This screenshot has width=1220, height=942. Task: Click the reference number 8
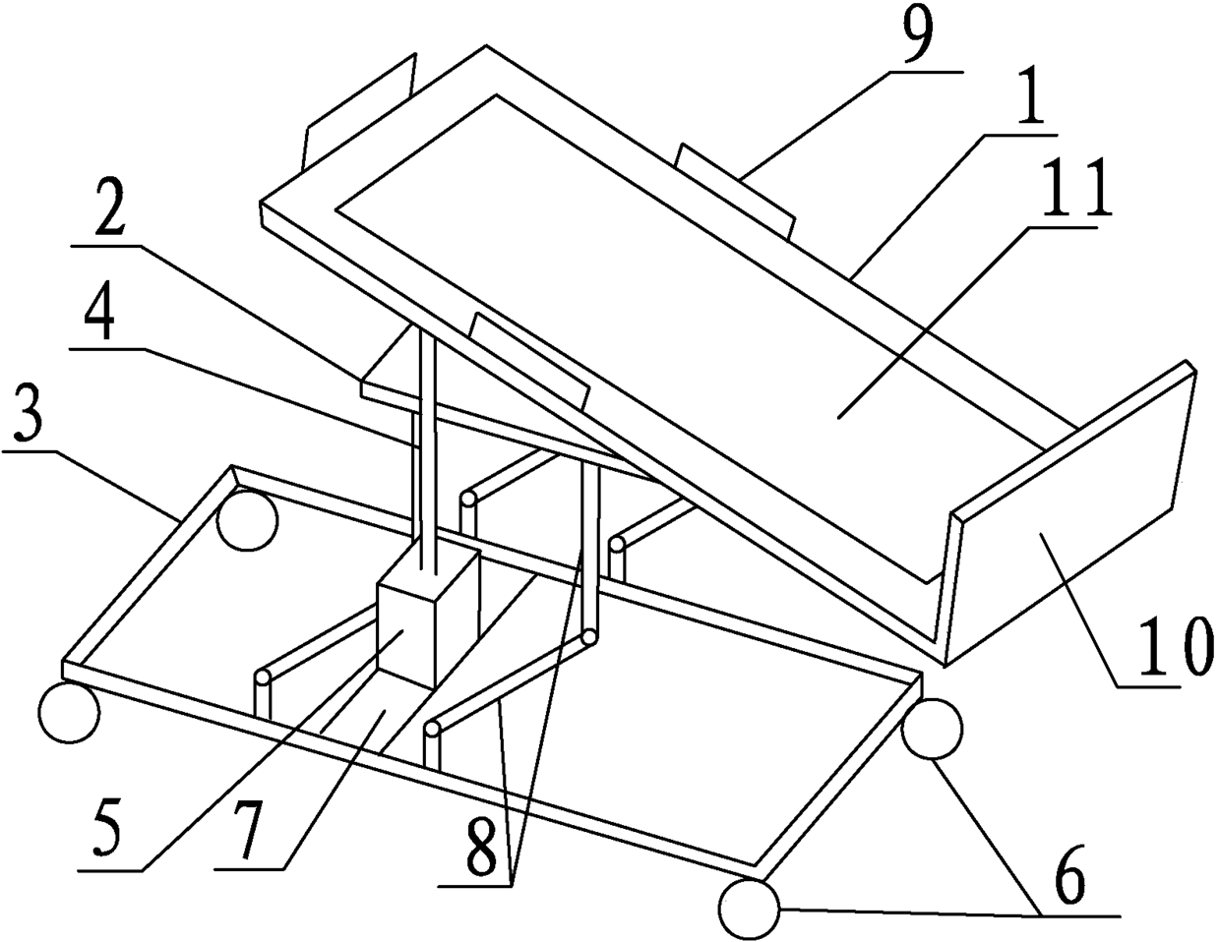click(480, 852)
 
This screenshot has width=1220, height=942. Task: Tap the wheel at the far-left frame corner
click(69, 714)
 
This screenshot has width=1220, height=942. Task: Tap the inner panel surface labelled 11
click(689, 324)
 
